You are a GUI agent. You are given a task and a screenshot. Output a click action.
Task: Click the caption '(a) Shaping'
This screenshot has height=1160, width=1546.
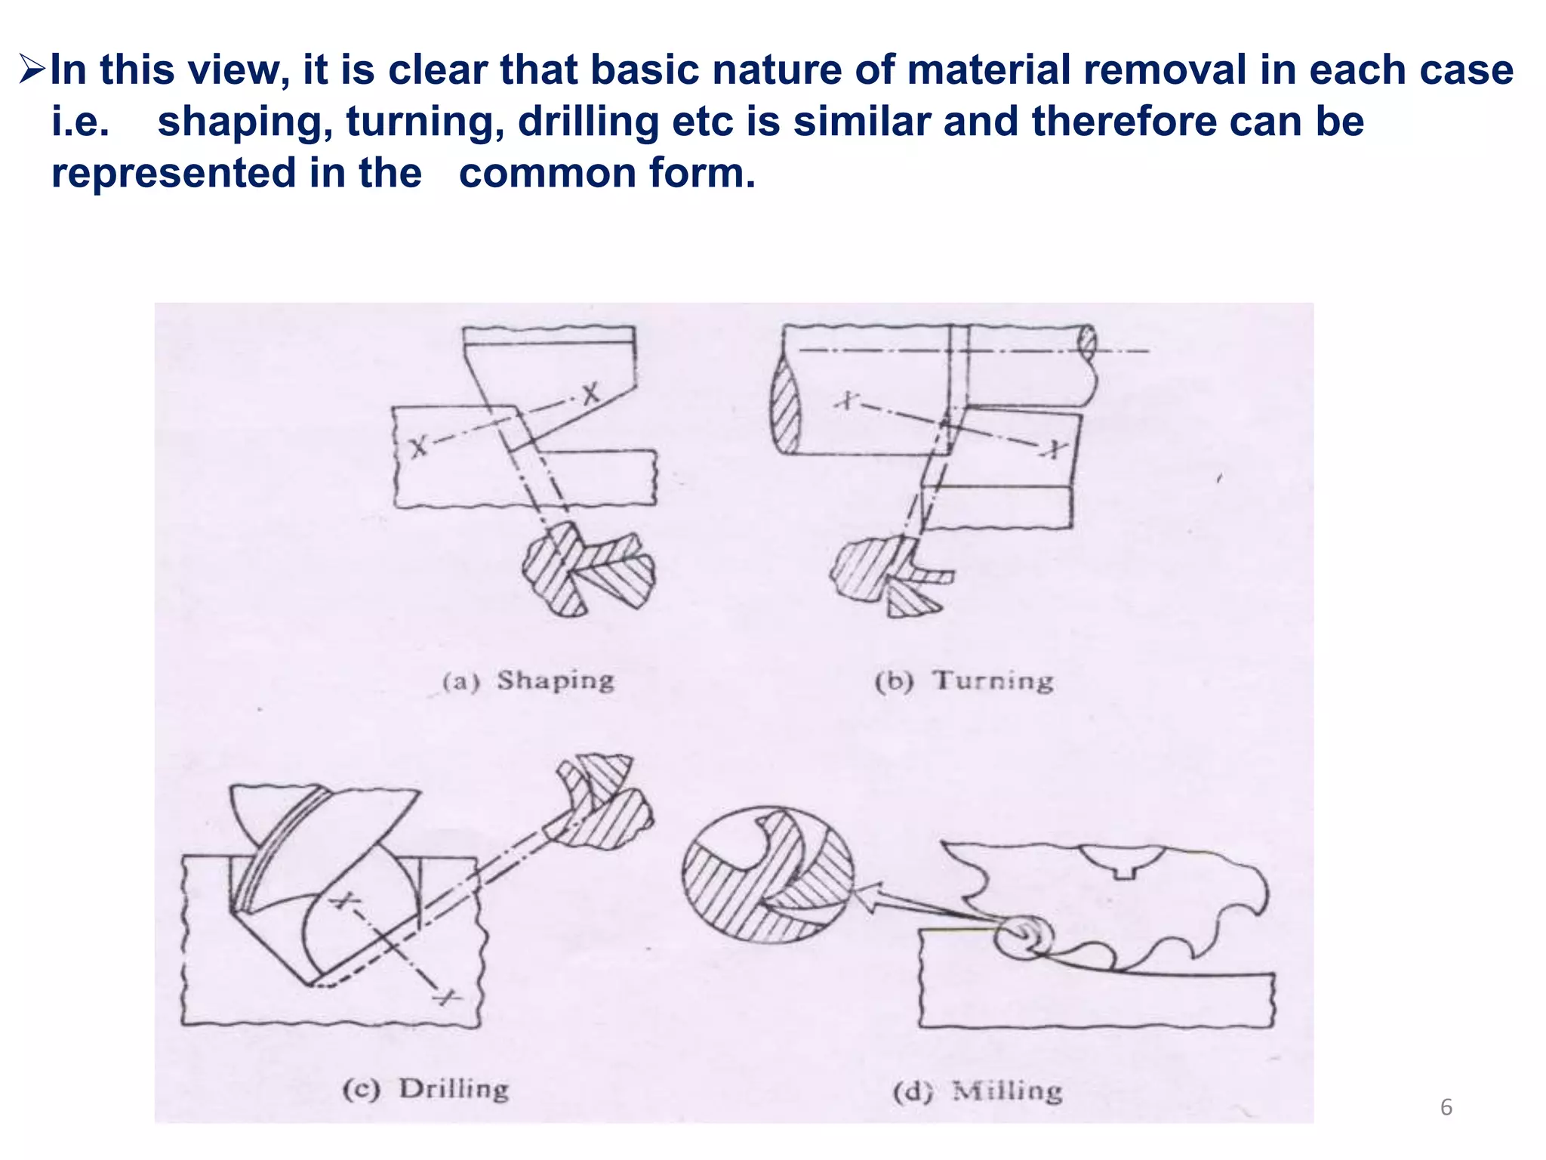pyautogui.click(x=528, y=681)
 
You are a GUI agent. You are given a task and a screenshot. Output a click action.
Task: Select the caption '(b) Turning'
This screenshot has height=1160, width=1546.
pyautogui.click(x=964, y=681)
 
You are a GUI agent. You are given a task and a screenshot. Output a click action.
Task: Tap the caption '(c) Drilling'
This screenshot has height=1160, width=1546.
pyautogui.click(x=426, y=1089)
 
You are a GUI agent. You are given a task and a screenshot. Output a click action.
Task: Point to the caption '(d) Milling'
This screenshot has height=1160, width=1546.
pyautogui.click(x=978, y=1091)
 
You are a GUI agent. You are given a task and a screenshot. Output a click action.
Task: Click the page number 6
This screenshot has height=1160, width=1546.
pyautogui.click(x=1446, y=1107)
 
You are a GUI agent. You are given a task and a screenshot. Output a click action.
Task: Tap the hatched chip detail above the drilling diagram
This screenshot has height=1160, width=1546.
pyautogui.click(x=604, y=801)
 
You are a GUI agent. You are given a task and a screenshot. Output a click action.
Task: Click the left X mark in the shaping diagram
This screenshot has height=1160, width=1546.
pyautogui.click(x=417, y=446)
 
